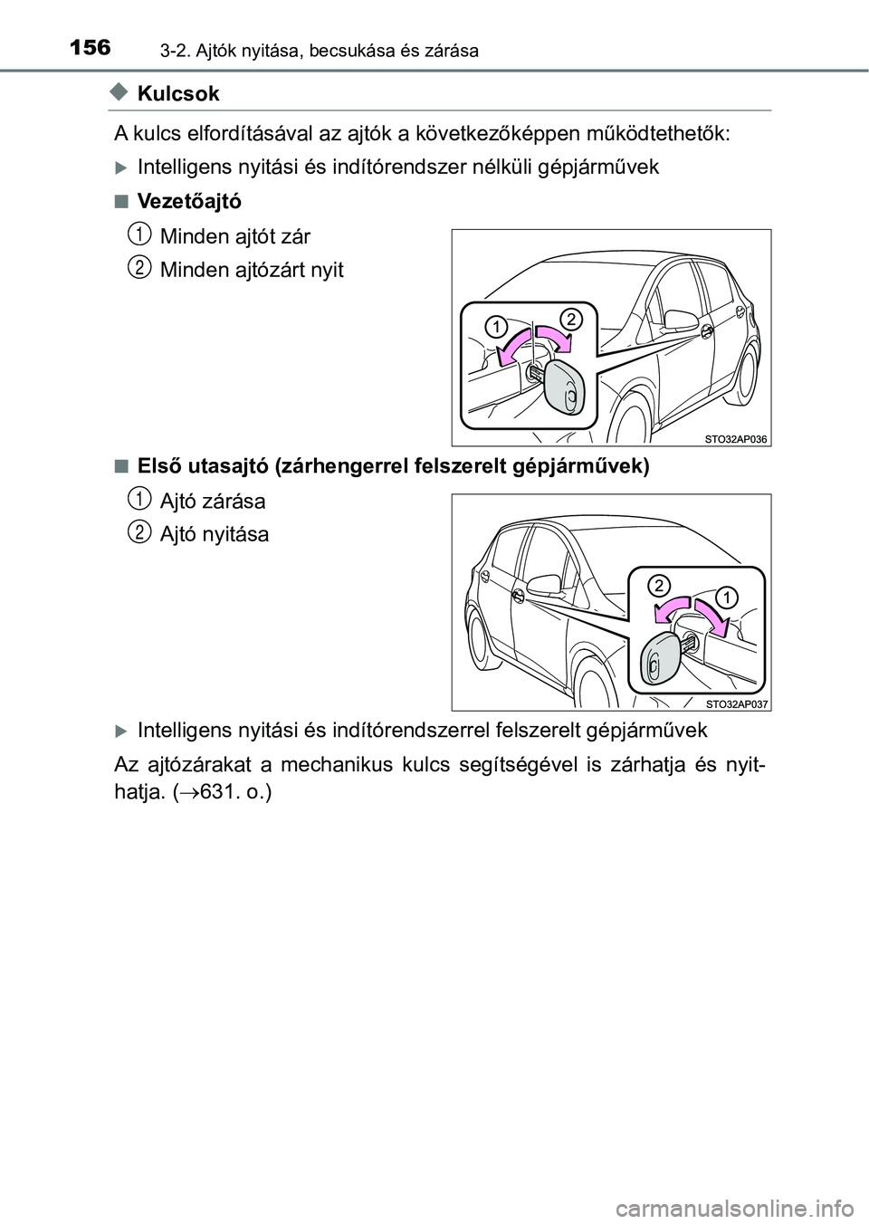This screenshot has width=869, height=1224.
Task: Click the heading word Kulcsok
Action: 179,93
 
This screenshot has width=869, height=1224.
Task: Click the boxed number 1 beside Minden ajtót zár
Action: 138,234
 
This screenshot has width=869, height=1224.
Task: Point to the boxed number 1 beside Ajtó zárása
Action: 138,497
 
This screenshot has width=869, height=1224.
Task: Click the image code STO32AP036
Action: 736,439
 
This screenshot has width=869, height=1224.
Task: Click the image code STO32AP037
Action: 736,703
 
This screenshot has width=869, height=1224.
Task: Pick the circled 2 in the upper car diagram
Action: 569,318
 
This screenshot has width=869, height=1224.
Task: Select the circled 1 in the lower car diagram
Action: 728,596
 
